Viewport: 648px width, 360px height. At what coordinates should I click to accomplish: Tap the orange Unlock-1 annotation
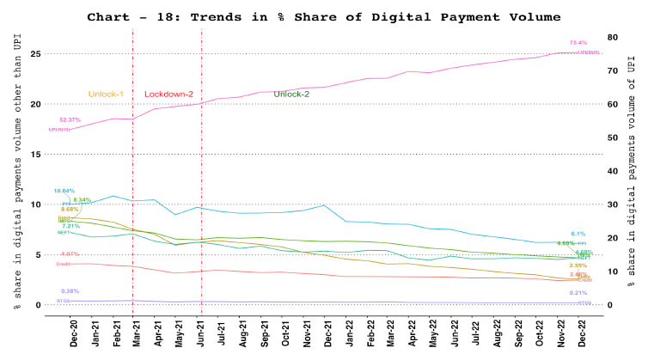coord(107,94)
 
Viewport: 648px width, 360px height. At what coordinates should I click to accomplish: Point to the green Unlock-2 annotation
coord(292,94)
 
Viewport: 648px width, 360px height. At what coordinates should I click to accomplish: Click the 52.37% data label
coord(70,119)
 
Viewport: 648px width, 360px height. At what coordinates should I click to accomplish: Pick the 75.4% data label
coord(578,42)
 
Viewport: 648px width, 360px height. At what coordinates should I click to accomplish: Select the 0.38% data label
coord(69,290)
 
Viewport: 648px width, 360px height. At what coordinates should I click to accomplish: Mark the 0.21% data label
coord(578,293)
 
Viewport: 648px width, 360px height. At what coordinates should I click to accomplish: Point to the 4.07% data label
coord(70,253)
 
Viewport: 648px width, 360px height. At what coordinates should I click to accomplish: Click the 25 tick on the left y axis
coord(36,53)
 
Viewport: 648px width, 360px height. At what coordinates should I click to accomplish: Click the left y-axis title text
coord(17,168)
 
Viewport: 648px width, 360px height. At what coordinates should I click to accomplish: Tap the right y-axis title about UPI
coord(632,168)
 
